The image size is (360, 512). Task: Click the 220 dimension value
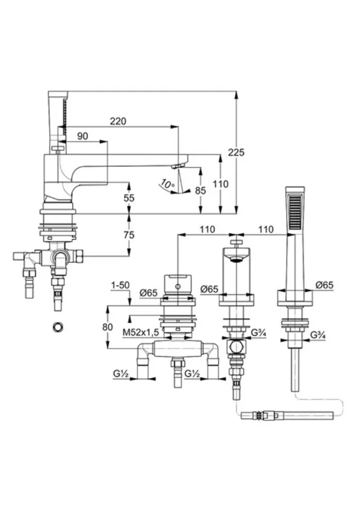pyautogui.click(x=118, y=121)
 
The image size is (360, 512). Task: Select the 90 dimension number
pyautogui.click(x=83, y=137)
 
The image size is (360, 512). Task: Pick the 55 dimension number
pyautogui.click(x=129, y=197)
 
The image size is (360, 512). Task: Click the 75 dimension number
pyautogui.click(x=129, y=235)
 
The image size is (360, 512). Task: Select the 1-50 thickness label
pyautogui.click(x=121, y=285)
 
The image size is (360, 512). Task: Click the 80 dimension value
pyautogui.click(x=108, y=327)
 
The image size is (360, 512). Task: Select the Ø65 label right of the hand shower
pyautogui.click(x=324, y=285)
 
